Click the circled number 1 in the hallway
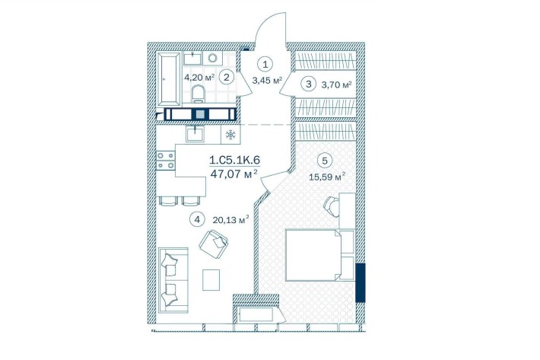265,65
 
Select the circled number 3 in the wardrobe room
310,84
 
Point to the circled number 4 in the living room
197,219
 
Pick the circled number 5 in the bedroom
325,161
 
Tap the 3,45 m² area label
267,80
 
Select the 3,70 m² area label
337,84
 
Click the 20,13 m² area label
233,220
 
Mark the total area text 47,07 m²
234,174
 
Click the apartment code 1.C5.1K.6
234,160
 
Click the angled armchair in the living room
214,245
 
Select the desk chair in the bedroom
332,205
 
